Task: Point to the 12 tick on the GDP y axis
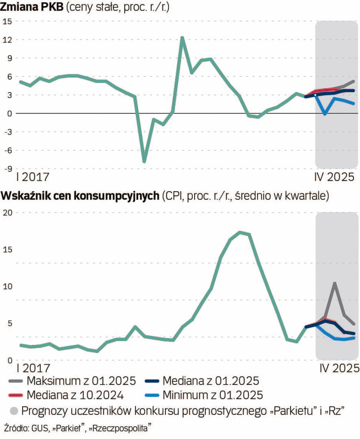point(7,40)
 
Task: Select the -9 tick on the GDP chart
point(7,169)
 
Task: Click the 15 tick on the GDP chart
point(7,22)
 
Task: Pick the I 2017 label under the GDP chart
point(32,177)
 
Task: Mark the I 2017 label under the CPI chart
point(32,368)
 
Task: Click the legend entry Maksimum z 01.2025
point(81,381)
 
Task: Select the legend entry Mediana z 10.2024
point(75,394)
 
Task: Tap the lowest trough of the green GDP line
point(144,161)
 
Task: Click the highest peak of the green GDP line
point(182,37)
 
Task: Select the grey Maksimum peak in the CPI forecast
point(334,283)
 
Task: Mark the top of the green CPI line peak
point(241,232)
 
